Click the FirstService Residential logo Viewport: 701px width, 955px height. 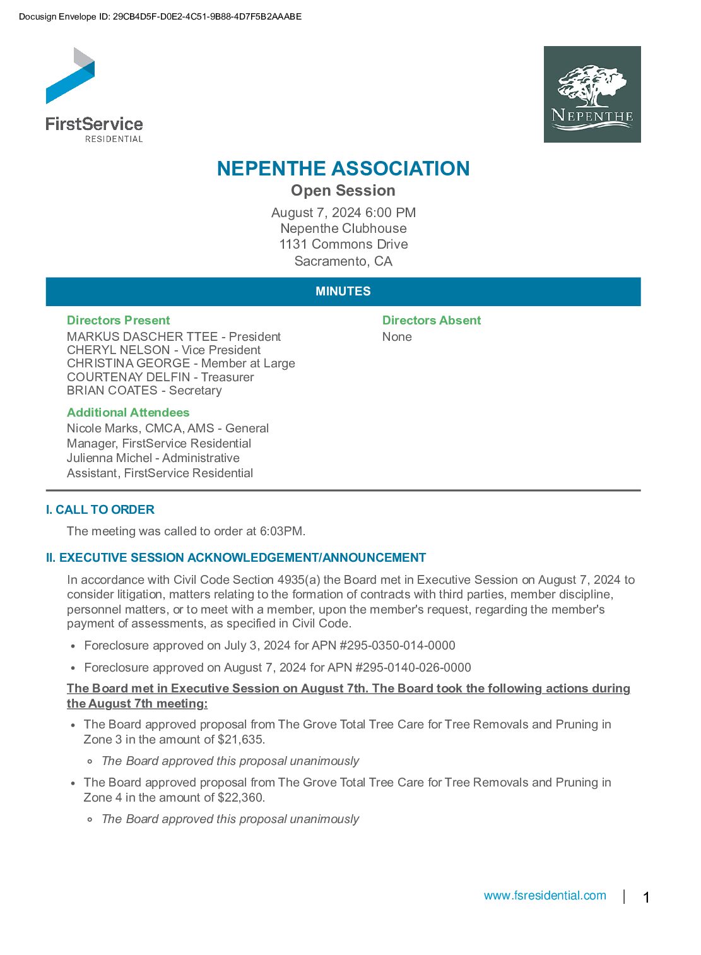[x=94, y=95]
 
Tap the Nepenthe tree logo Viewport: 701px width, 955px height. [x=592, y=94]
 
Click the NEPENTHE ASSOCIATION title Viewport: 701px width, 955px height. [x=343, y=169]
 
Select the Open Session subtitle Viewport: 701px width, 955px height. [x=343, y=191]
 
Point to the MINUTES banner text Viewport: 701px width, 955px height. [x=343, y=292]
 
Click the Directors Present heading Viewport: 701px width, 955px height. [x=119, y=321]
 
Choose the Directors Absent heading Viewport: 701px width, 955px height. [x=432, y=321]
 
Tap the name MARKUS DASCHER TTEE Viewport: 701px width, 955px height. [x=142, y=337]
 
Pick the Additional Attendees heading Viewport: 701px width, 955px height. [x=128, y=413]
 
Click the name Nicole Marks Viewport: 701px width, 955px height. [x=103, y=429]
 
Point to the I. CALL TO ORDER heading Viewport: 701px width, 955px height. [x=100, y=510]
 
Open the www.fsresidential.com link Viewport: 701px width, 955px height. [x=545, y=896]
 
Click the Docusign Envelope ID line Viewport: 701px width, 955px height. [x=160, y=17]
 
